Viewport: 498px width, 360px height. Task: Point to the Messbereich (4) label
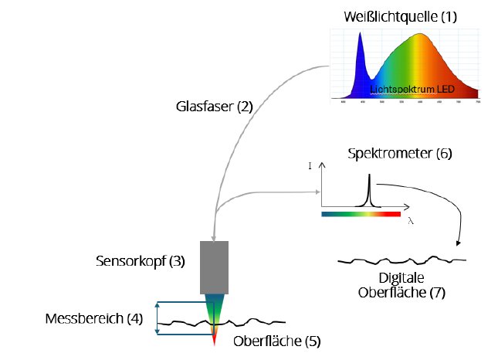pyautogui.click(x=94, y=319)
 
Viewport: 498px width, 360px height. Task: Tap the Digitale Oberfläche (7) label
pyautogui.click(x=402, y=285)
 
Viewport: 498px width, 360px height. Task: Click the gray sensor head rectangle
pyautogui.click(x=215, y=267)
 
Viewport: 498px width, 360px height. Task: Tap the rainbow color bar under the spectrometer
pyautogui.click(x=361, y=212)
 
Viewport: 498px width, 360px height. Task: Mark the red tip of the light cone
pyautogui.click(x=215, y=338)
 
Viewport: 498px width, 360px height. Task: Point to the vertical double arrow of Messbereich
pyautogui.click(x=158, y=318)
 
